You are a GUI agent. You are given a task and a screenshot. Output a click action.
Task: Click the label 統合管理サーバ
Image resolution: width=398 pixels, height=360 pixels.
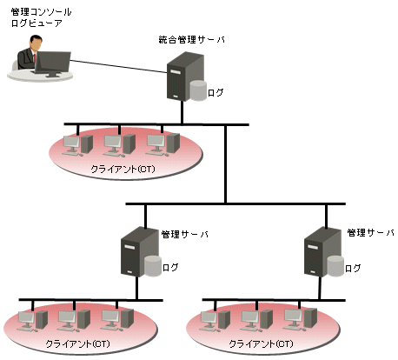click(191, 40)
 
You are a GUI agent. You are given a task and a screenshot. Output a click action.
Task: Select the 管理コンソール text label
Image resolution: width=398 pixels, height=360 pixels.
click(41, 12)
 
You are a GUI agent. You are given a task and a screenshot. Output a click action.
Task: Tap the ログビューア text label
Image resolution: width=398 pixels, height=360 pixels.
click(36, 23)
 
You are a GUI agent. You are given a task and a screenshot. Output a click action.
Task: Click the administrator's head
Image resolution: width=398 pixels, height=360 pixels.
click(36, 43)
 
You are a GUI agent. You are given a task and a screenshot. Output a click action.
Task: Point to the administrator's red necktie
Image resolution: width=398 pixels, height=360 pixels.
click(35, 58)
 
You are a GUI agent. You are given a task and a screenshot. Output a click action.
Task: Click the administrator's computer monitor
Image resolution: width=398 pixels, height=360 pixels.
click(53, 63)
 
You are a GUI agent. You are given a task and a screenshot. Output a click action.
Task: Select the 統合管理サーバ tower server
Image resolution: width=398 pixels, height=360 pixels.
click(185, 77)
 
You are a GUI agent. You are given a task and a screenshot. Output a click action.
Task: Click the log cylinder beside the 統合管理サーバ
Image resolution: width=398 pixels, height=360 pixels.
click(198, 90)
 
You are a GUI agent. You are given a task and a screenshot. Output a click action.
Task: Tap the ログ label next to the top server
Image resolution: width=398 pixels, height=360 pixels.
click(216, 93)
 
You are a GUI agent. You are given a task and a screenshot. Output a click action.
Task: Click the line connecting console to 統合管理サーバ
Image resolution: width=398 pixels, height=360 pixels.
click(119, 66)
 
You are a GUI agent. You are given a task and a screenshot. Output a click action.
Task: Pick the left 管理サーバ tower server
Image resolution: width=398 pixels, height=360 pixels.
click(140, 251)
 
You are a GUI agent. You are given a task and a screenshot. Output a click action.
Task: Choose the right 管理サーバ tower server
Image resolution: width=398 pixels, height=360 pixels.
click(322, 251)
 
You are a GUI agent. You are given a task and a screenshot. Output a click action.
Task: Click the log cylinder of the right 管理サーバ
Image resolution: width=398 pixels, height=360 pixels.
click(335, 266)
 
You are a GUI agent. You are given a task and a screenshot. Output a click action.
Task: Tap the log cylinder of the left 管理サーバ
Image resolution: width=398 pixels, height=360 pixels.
click(153, 266)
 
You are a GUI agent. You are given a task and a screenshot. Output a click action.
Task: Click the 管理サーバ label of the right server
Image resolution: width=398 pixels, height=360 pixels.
click(370, 232)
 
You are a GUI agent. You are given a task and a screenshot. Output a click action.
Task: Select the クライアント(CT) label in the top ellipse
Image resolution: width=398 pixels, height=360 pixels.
click(123, 169)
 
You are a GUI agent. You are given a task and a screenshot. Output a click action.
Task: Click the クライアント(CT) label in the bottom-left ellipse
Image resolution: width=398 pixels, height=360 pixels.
click(78, 344)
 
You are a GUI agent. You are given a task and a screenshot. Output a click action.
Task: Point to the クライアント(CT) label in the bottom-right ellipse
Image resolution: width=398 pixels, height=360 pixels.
click(261, 344)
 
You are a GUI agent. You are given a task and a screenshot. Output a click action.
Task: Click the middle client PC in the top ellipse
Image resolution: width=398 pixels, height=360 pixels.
click(119, 145)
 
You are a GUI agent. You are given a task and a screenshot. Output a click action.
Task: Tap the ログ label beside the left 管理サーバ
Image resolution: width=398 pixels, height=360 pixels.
click(170, 267)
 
